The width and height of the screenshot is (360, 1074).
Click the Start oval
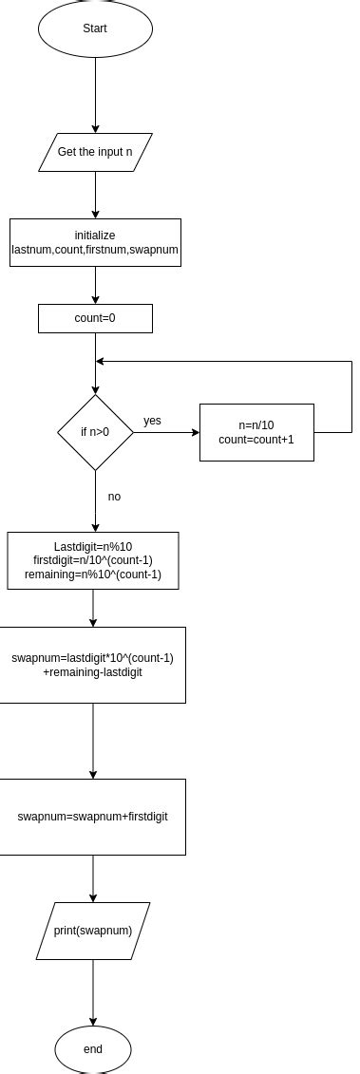pos(95,28)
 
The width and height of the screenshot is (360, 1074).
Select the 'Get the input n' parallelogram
pos(95,152)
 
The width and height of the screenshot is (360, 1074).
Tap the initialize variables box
pos(95,242)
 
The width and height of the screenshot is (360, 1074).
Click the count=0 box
pos(95,318)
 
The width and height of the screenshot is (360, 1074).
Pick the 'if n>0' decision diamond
pos(95,433)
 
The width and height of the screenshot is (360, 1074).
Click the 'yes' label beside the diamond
pos(152,420)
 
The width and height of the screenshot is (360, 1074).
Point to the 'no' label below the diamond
pos(114,497)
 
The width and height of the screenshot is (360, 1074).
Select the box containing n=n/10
pos(256,432)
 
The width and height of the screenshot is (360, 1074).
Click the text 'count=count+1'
pos(256,441)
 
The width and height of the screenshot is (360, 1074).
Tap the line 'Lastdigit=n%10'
pos(93,547)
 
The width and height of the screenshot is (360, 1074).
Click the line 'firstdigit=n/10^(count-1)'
pos(93,560)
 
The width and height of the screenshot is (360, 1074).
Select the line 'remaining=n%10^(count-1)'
pos(93,574)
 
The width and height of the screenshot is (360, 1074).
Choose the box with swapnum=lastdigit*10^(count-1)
pos(92,665)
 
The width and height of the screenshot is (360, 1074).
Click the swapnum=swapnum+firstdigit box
pos(92,817)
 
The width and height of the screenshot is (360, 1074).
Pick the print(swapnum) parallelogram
pos(93,931)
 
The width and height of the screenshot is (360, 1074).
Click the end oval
pos(93,1049)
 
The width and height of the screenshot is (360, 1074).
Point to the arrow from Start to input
pos(95,95)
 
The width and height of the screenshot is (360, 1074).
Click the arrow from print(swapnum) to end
pos(93,992)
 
